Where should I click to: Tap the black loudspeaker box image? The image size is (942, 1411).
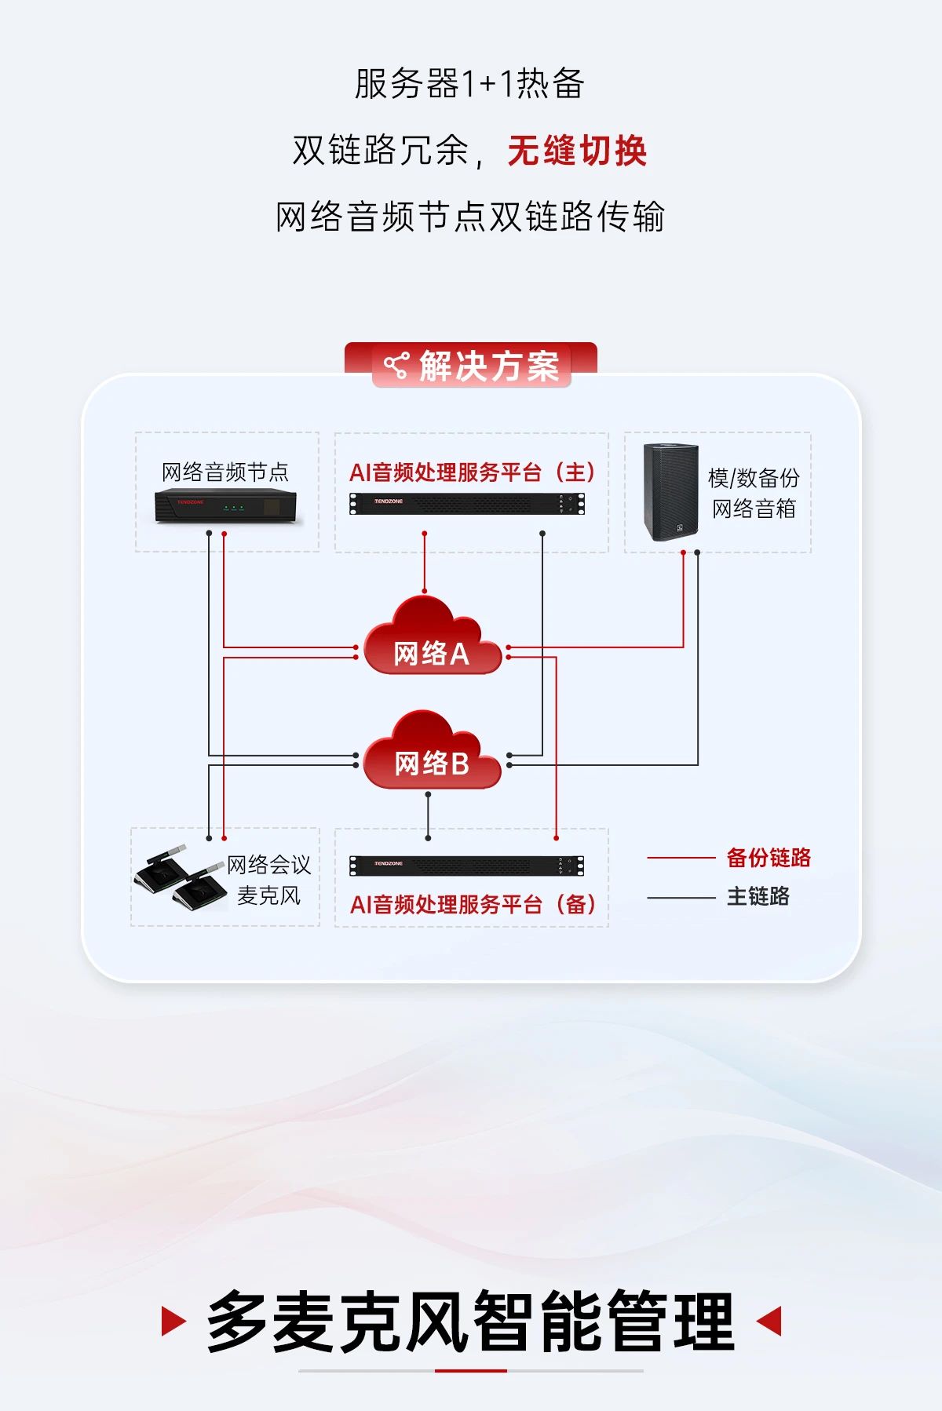tap(670, 492)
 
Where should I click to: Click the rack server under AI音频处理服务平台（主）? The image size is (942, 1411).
tap(467, 504)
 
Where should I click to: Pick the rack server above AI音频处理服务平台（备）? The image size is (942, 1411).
tap(467, 866)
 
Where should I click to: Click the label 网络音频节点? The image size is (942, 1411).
tap(225, 472)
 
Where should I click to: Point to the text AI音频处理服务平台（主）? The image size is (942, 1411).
tap(472, 472)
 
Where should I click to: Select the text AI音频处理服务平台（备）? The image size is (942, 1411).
tap(473, 904)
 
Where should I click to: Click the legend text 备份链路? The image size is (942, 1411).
tap(769, 858)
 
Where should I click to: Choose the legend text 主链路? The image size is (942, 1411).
tap(758, 896)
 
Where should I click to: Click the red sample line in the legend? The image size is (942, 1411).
tap(681, 859)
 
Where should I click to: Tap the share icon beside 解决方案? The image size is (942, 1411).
tap(396, 366)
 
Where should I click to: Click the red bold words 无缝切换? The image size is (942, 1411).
tap(577, 151)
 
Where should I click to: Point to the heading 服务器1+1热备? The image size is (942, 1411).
tap(469, 84)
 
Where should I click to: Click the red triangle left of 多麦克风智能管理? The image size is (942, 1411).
tap(172, 1322)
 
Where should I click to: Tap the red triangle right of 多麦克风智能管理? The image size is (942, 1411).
tap(770, 1322)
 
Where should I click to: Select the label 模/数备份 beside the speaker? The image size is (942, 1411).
tap(754, 477)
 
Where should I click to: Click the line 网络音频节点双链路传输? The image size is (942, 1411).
tap(469, 217)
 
